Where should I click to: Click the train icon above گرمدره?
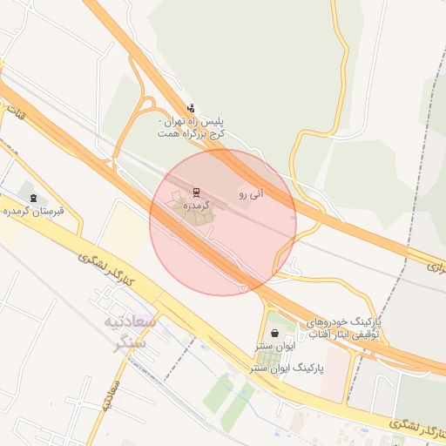[195, 193]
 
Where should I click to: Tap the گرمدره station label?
[198, 206]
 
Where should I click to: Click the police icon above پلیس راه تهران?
[191, 109]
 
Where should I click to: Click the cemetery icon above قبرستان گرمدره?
[33, 198]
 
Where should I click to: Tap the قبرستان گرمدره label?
[36, 211]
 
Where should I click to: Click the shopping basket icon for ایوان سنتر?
[275, 332]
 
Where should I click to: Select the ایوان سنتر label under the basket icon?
[271, 346]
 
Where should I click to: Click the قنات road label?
[15, 111]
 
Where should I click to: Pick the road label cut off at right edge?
[436, 264]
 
